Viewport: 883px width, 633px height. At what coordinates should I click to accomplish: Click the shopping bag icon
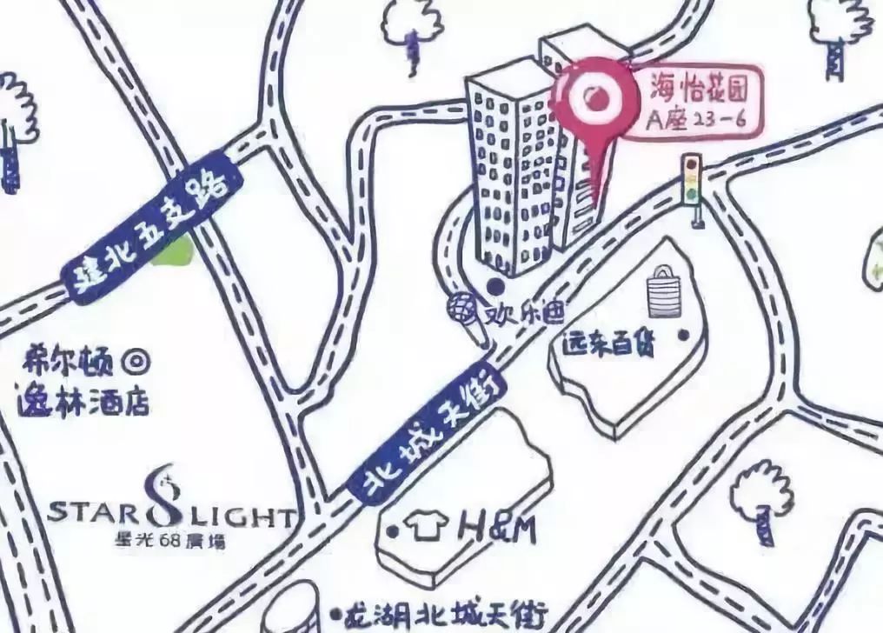point(663,292)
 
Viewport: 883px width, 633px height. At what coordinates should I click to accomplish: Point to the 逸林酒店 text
point(83,401)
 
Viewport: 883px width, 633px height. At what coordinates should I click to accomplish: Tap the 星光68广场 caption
point(169,540)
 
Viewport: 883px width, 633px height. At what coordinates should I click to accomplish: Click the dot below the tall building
point(495,284)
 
